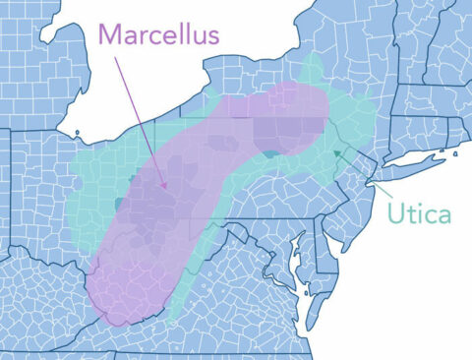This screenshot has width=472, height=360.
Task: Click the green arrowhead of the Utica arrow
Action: [x=337, y=151]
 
